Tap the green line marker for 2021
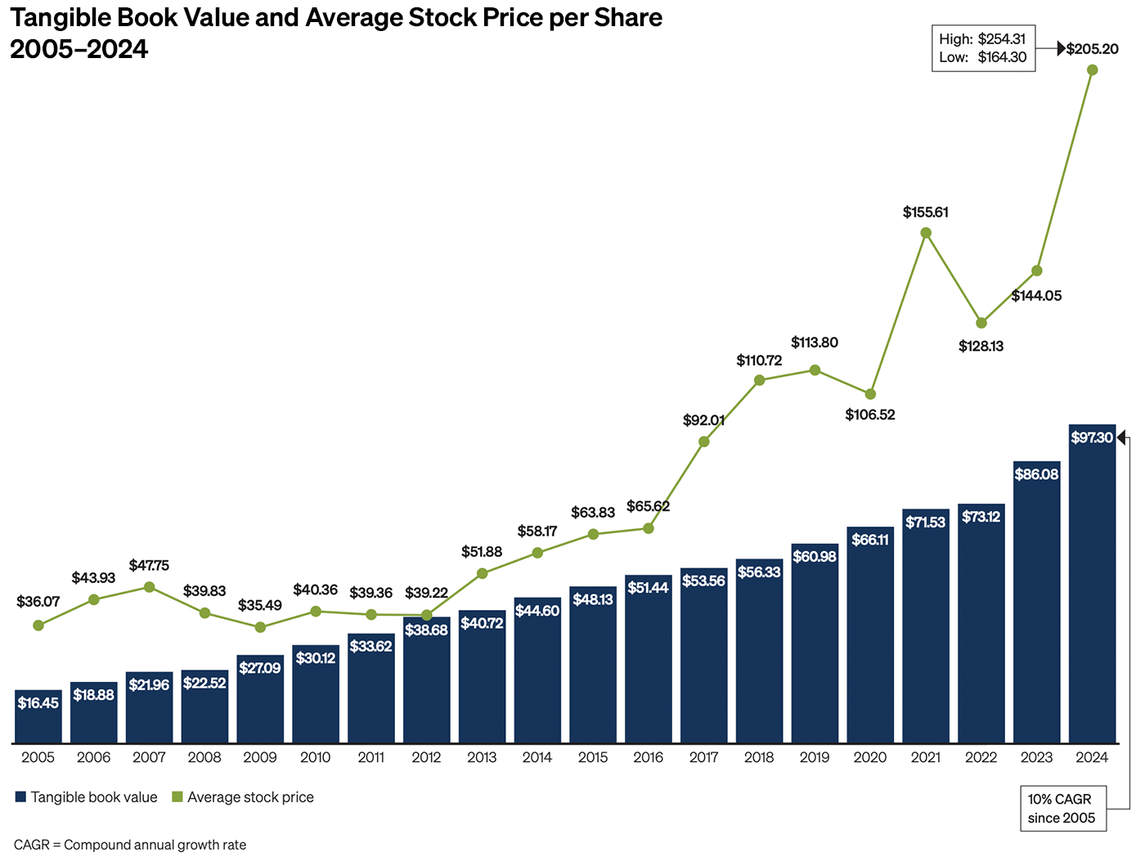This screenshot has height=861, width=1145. coord(926,233)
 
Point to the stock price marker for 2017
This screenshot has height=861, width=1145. coord(704,442)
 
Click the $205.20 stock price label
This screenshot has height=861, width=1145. coord(1092,49)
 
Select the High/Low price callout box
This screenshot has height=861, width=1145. coord(983,48)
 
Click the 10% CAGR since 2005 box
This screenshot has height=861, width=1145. coord(1062,809)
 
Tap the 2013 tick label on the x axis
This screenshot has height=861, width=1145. coord(482,758)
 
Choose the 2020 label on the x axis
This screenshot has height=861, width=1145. coord(870,758)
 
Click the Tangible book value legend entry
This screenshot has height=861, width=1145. coord(86,797)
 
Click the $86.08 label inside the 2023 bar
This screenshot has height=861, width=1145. coord(1036,474)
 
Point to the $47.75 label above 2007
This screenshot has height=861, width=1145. coord(149,566)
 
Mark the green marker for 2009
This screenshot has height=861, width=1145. coord(260,627)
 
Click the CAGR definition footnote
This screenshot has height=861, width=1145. coord(130,845)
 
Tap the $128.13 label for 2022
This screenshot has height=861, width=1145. coord(981,347)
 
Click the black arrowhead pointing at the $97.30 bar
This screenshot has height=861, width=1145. coord(1122,437)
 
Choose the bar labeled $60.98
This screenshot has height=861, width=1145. coord(815,646)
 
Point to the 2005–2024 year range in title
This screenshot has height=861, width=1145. coord(79,49)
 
